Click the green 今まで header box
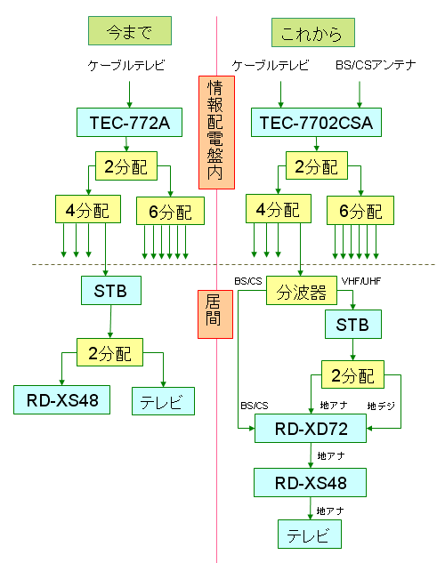click(x=130, y=32)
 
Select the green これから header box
click(x=312, y=33)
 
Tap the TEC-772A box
click(x=130, y=122)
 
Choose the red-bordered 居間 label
click(x=214, y=314)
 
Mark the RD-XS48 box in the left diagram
click(x=61, y=400)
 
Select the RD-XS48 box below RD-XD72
click(x=310, y=483)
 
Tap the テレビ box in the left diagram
click(x=162, y=401)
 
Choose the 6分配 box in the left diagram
click(x=170, y=211)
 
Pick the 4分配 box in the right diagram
click(x=274, y=211)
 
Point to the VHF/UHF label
click(x=360, y=280)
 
